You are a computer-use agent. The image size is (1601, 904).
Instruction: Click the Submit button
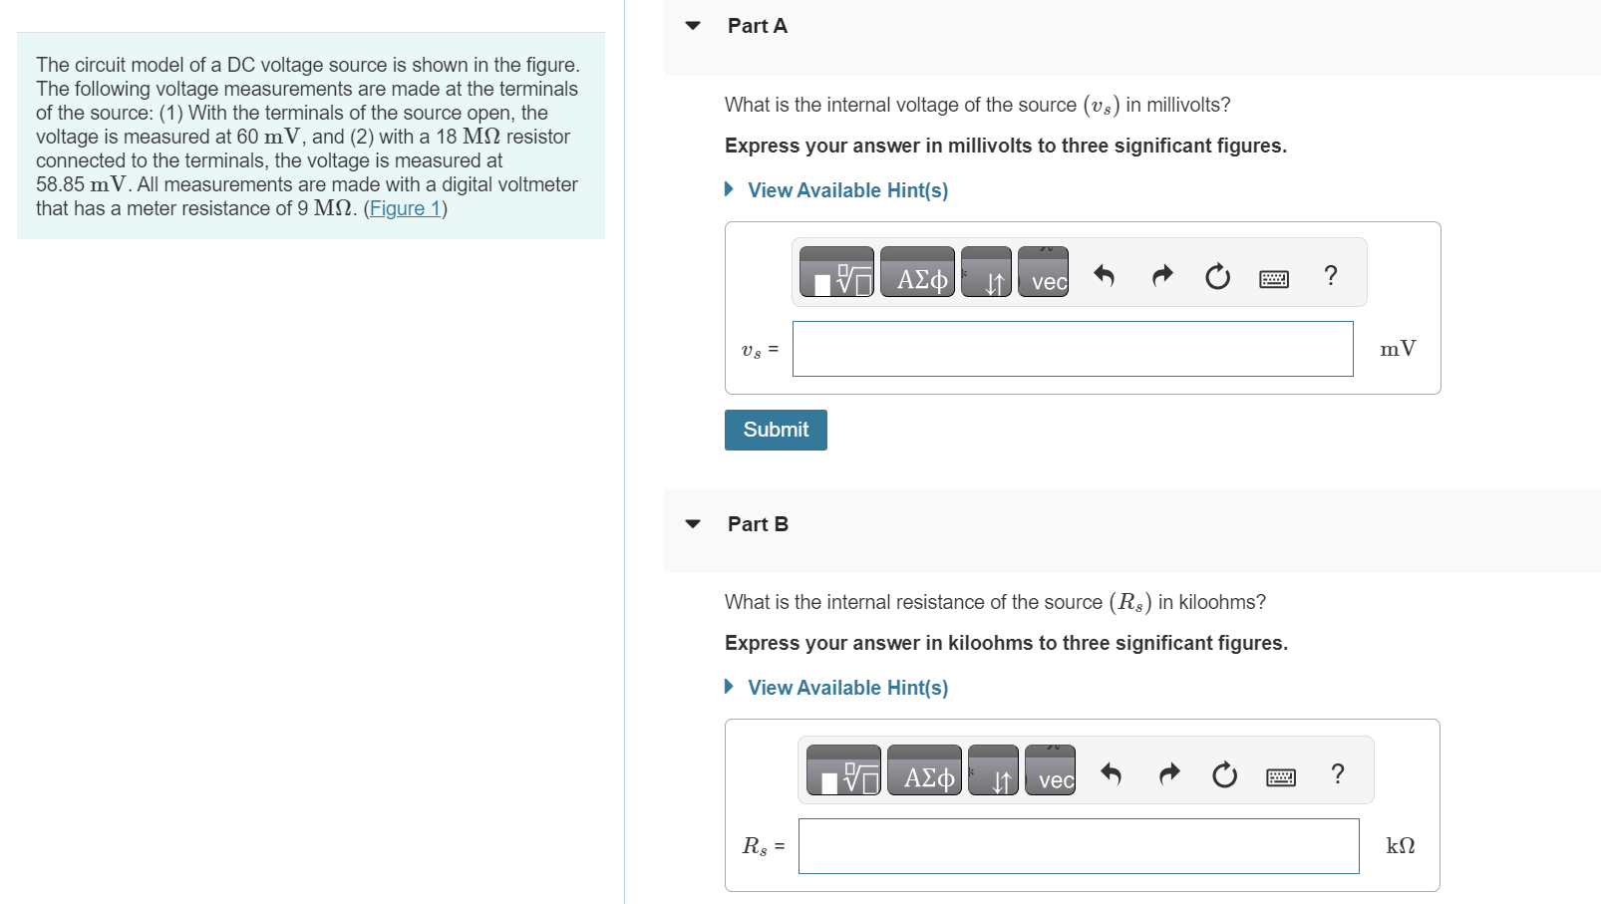(776, 430)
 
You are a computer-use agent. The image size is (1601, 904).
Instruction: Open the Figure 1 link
(405, 208)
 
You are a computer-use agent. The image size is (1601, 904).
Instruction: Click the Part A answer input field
(1073, 349)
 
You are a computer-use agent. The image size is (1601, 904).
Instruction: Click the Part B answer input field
(1079, 846)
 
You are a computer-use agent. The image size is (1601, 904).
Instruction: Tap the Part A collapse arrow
(693, 26)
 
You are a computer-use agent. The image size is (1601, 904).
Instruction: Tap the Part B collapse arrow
(693, 524)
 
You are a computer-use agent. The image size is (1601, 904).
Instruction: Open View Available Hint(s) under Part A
(847, 190)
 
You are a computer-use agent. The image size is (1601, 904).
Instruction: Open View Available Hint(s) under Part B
(847, 688)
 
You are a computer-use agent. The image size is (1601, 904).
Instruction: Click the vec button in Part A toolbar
(1044, 272)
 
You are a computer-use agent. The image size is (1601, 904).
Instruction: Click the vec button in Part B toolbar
(1051, 770)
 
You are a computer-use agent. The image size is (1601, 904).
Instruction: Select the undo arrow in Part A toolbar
(1104, 275)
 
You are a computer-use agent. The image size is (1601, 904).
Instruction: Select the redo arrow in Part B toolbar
(1168, 773)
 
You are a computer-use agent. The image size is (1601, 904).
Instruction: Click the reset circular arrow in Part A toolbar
(1217, 276)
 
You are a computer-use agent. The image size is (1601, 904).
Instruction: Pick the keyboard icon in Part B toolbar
(1281, 776)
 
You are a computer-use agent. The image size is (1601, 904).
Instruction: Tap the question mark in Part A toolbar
(1330, 275)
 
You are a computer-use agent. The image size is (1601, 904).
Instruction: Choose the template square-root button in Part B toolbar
(843, 770)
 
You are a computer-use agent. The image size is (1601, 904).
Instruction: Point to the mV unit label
(1398, 349)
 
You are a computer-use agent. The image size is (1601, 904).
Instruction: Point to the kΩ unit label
(1401, 846)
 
